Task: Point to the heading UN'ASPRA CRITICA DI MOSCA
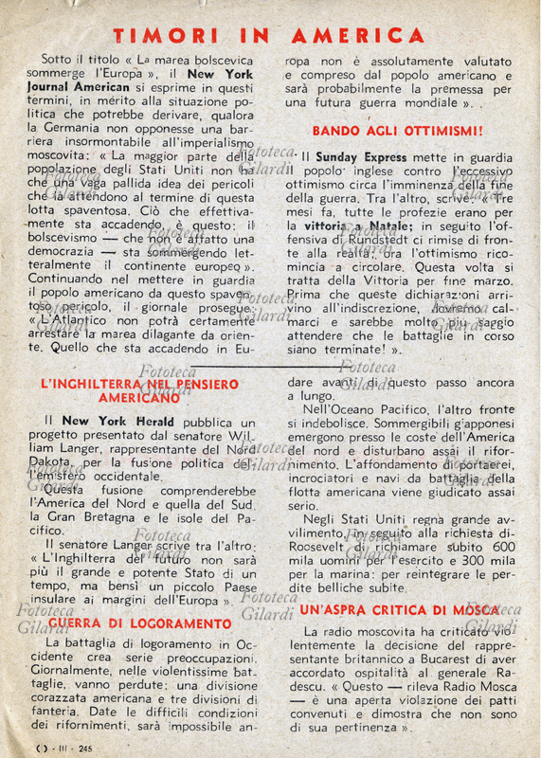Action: [399, 610]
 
